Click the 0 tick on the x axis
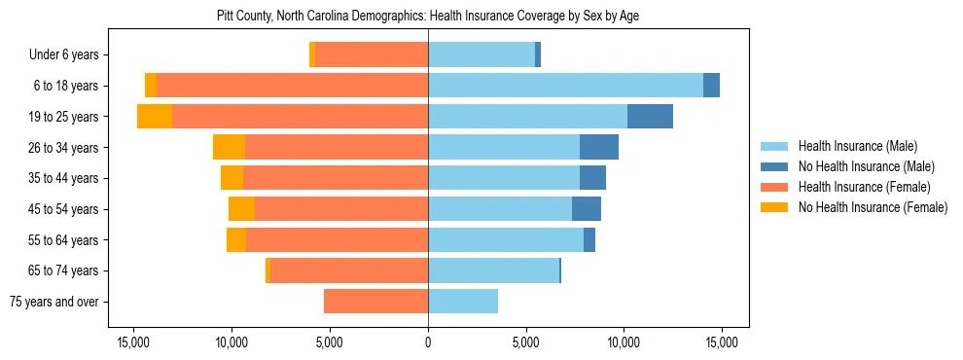pos(428,342)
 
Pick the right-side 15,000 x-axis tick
pos(721,342)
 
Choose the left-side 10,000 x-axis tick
pos(232,342)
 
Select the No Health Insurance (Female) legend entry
pos(873,207)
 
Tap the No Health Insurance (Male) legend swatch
pos(775,166)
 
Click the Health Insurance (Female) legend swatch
pos(775,187)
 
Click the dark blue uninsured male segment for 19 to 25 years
pos(650,117)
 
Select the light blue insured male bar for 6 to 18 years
pos(565,86)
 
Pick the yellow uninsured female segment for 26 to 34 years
pos(229,147)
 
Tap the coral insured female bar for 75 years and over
pos(375,302)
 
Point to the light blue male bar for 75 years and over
pos(463,302)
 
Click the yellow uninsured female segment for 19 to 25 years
pos(155,117)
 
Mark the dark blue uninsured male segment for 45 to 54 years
pos(587,209)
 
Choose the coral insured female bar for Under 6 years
pos(372,55)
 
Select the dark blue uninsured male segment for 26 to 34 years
pos(599,147)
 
